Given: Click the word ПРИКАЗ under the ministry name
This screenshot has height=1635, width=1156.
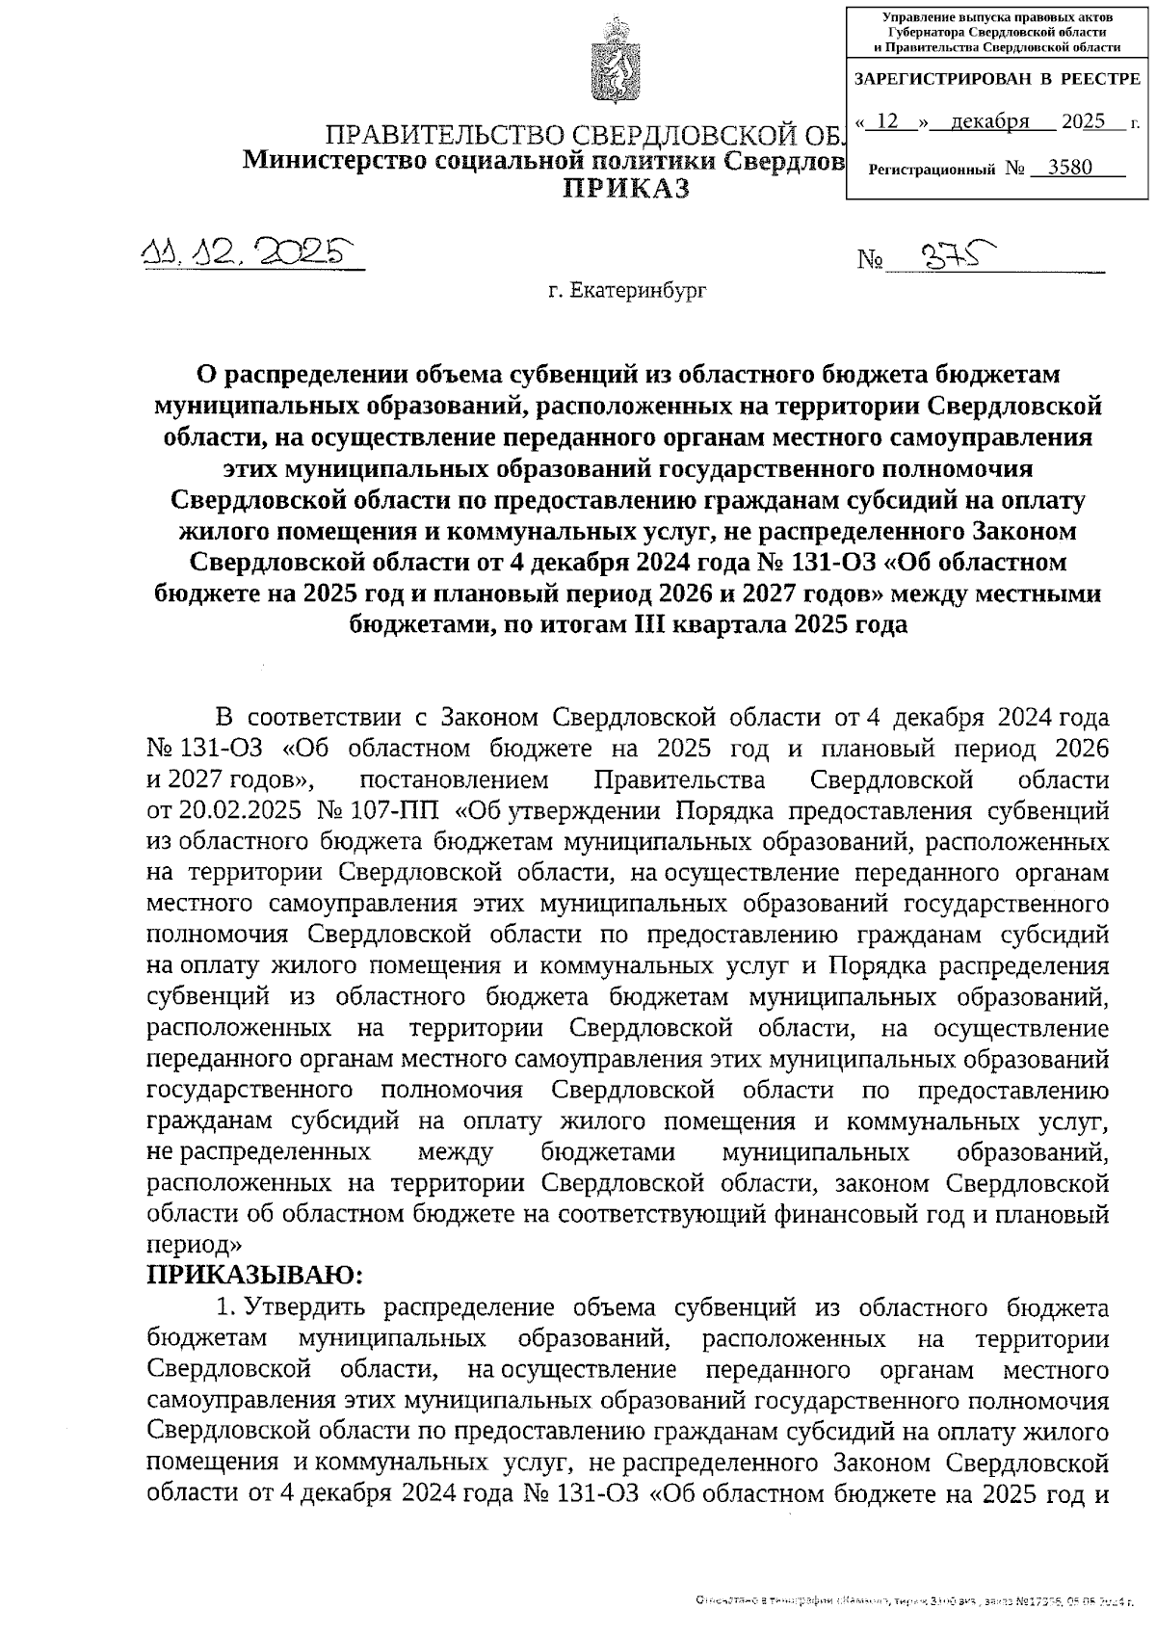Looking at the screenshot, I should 627,189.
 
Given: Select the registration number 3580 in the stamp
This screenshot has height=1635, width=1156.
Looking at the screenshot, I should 1070,168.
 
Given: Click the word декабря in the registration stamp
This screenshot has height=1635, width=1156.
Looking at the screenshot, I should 988,121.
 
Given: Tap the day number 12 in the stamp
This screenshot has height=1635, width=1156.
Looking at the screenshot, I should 888,121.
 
